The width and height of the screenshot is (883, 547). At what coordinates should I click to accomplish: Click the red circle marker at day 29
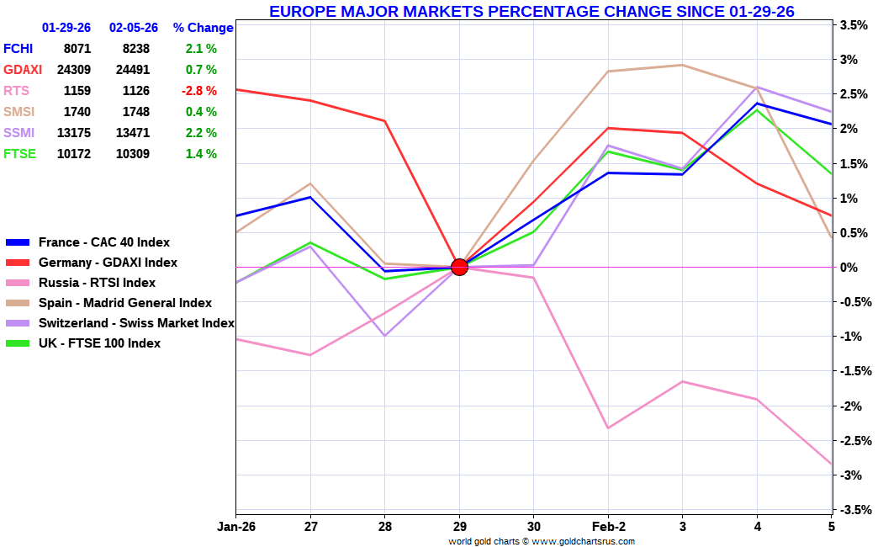(x=459, y=267)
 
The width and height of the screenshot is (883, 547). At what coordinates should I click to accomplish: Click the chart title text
(x=531, y=11)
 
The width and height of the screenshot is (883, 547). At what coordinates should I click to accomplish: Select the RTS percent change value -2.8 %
(x=201, y=91)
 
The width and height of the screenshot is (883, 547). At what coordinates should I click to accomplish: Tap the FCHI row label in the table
(x=19, y=49)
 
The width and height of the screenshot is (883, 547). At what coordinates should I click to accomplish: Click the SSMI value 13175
(x=74, y=133)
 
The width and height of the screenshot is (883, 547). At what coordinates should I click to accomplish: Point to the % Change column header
(x=203, y=28)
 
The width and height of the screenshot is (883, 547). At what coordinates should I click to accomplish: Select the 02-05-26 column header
(x=134, y=28)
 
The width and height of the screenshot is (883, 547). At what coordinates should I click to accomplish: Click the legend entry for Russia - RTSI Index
(x=97, y=283)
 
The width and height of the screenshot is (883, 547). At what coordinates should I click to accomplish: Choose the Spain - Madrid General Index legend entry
(x=125, y=303)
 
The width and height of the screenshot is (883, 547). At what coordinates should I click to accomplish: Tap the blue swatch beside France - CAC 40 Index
(x=18, y=242)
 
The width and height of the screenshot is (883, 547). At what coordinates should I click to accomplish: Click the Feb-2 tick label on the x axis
(x=609, y=527)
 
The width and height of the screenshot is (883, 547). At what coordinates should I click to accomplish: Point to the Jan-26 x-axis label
(x=235, y=527)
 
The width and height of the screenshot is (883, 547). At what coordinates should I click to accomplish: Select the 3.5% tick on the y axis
(x=854, y=25)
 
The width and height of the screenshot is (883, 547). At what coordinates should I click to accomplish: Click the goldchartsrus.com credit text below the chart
(x=542, y=541)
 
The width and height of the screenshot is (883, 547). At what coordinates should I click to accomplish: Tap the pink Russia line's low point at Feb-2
(x=608, y=428)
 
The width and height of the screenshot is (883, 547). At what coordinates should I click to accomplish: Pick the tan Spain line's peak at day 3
(x=682, y=65)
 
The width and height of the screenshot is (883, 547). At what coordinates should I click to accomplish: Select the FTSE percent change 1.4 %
(x=201, y=154)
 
